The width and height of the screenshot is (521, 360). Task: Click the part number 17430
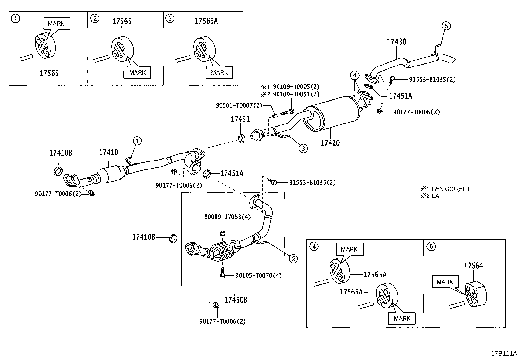396,42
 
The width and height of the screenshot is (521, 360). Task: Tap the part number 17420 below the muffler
330,143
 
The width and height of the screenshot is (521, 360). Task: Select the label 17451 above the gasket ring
240,119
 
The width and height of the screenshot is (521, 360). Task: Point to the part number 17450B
236,300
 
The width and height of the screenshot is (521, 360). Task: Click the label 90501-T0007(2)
239,105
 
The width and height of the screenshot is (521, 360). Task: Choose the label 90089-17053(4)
227,217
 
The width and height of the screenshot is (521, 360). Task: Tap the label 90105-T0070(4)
259,275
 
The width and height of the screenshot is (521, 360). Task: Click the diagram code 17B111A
504,353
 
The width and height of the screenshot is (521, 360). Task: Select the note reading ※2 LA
430,196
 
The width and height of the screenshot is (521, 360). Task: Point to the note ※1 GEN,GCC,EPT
445,189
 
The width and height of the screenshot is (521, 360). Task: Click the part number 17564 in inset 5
474,266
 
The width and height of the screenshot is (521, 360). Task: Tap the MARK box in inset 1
57,24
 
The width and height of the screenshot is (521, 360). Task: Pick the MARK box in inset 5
445,282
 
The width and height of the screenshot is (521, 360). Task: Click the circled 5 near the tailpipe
446,26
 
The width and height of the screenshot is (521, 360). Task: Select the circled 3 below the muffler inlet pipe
303,148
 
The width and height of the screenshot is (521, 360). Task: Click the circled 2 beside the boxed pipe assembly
293,259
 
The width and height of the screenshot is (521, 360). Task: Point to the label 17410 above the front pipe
109,152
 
